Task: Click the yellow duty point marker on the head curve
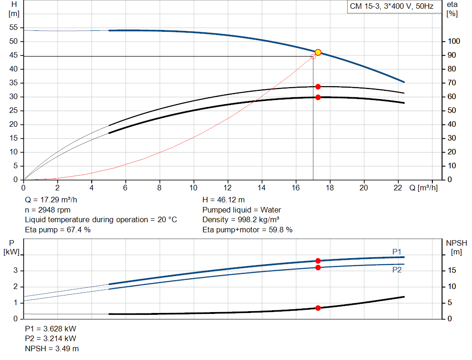point(318,53)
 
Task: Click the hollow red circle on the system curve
point(313,56)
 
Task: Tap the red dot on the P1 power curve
point(318,261)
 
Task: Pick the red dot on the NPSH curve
point(318,308)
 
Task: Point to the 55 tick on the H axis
point(13,28)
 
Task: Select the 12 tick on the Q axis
point(227,188)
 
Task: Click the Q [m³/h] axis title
point(423,188)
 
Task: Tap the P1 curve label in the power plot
point(396,251)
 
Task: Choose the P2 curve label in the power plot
point(396,270)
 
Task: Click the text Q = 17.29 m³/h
point(54,200)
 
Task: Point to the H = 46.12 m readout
point(224,200)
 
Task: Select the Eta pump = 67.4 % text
point(58,229)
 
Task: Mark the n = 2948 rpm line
point(48,210)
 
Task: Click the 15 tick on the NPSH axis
point(453,271)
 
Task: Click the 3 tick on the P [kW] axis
point(15,271)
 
